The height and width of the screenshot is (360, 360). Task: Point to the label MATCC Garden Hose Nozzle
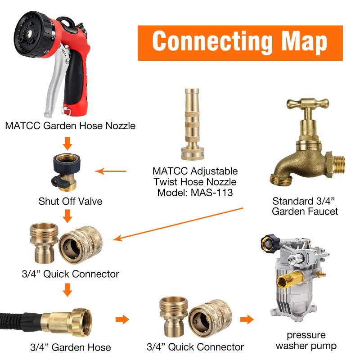70,126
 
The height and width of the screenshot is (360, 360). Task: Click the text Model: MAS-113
194,193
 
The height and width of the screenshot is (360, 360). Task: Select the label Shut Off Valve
70,201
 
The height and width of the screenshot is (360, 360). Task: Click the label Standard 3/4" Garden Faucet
305,206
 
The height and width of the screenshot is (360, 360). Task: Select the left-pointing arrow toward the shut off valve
111,171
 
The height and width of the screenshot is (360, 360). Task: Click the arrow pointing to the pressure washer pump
246,320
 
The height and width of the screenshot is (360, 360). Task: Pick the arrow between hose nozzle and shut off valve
67,144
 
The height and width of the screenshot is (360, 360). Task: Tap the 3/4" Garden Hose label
70,347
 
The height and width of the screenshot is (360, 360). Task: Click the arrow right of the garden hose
121,320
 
